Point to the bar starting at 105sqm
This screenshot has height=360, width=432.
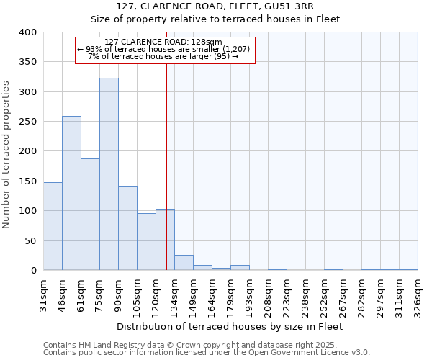pos(146,242)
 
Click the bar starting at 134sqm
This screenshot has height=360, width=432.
pos(184,263)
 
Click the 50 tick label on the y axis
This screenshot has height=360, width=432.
pos(30,240)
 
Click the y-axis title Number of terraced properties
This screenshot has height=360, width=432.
pos(7,155)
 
